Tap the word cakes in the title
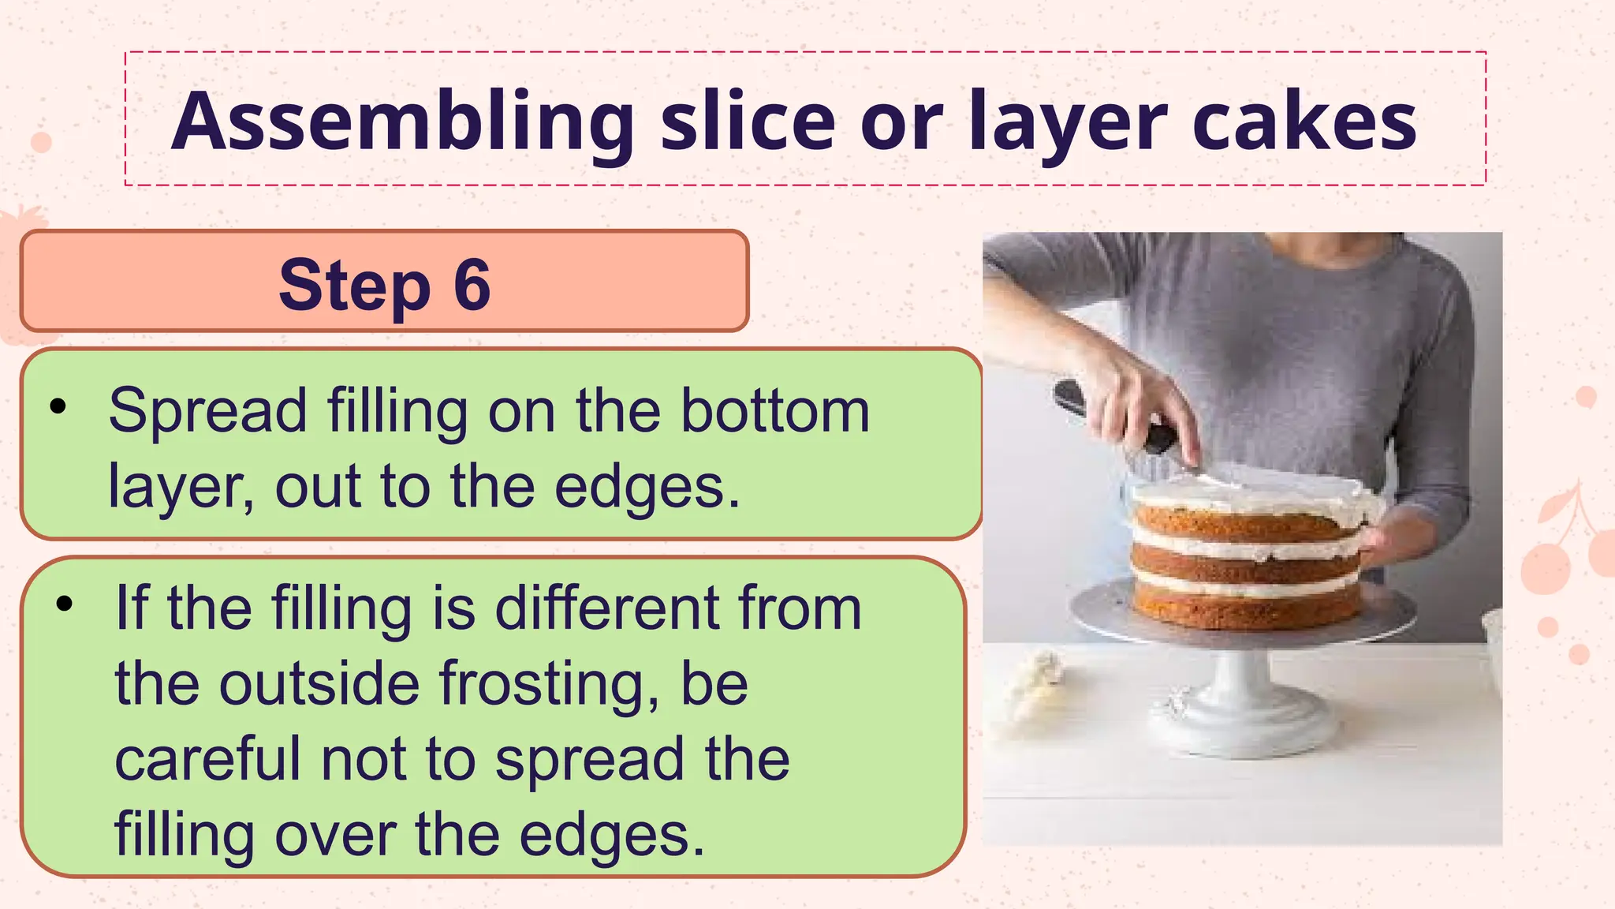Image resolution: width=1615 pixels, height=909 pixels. [x=1304, y=122]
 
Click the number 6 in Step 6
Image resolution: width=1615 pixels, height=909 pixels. [x=472, y=285]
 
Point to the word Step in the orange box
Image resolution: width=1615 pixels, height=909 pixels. [x=354, y=285]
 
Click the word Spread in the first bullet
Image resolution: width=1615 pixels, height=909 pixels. [x=207, y=411]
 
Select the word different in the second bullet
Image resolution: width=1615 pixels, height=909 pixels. [x=606, y=608]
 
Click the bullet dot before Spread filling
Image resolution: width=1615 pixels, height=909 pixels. [x=58, y=407]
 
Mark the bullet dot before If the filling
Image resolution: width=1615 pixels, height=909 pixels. [x=64, y=604]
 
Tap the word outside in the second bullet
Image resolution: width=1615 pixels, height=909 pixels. [x=319, y=683]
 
